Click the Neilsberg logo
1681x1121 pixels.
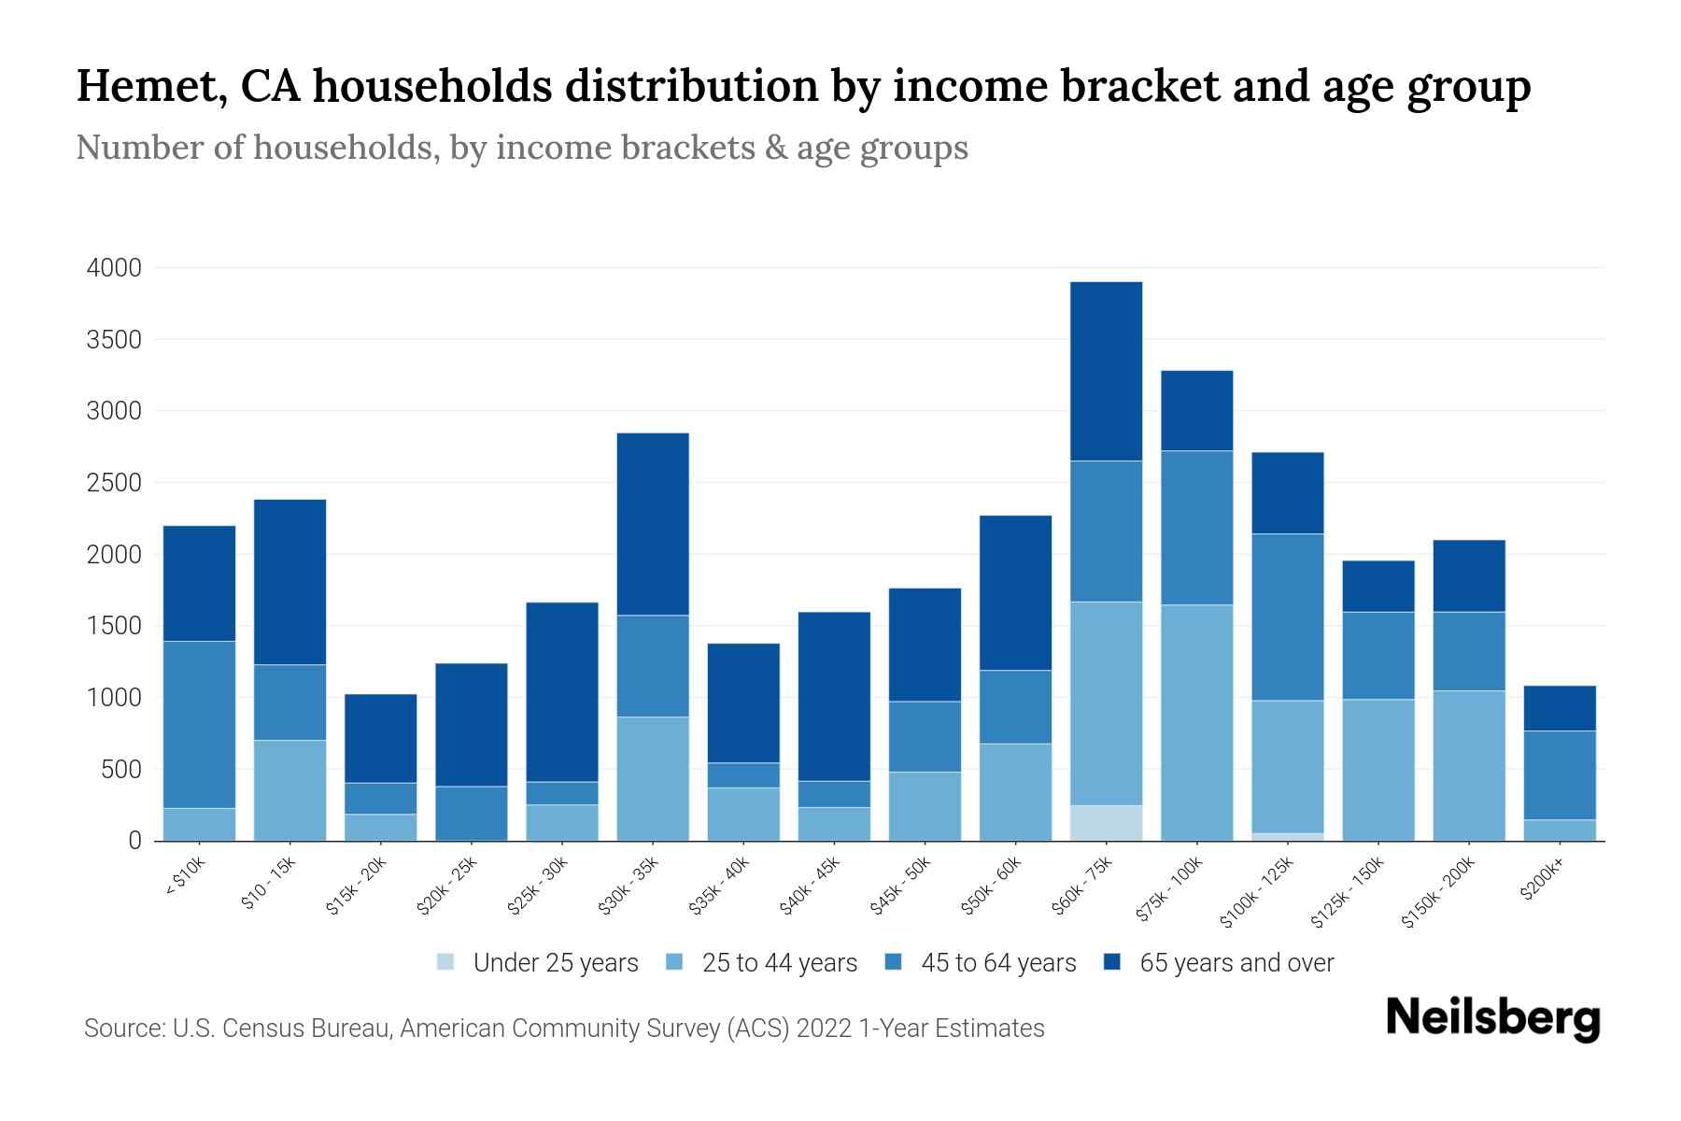(1492, 1017)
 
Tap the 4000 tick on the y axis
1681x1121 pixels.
(114, 268)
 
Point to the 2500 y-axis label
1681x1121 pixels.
(114, 483)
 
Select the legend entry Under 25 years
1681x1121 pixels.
(555, 963)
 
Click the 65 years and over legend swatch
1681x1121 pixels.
(1112, 962)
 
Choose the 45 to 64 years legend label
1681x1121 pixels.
(998, 963)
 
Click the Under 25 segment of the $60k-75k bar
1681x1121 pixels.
(1106, 823)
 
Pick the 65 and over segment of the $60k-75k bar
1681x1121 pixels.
(1106, 371)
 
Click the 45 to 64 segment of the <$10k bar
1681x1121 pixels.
(199, 724)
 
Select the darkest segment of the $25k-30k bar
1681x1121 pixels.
(562, 691)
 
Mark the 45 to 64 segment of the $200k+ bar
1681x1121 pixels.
(1560, 774)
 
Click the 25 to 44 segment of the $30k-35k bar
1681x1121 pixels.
(653, 778)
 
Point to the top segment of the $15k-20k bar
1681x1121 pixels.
(380, 738)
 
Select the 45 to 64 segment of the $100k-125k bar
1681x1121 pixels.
(1287, 617)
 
